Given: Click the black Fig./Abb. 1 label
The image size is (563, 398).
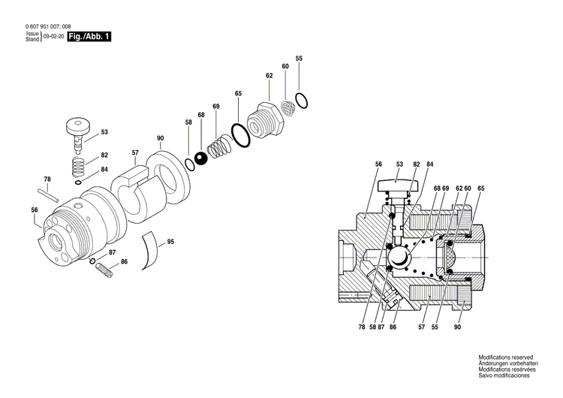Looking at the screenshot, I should (x=89, y=36).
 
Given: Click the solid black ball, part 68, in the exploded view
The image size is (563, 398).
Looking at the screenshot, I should (x=201, y=158).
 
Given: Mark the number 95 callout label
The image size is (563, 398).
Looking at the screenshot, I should (x=170, y=241).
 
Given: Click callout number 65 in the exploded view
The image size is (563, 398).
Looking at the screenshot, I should (x=238, y=93).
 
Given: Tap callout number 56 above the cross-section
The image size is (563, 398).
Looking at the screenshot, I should (x=378, y=164).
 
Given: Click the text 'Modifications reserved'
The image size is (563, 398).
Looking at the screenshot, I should (x=505, y=357).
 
